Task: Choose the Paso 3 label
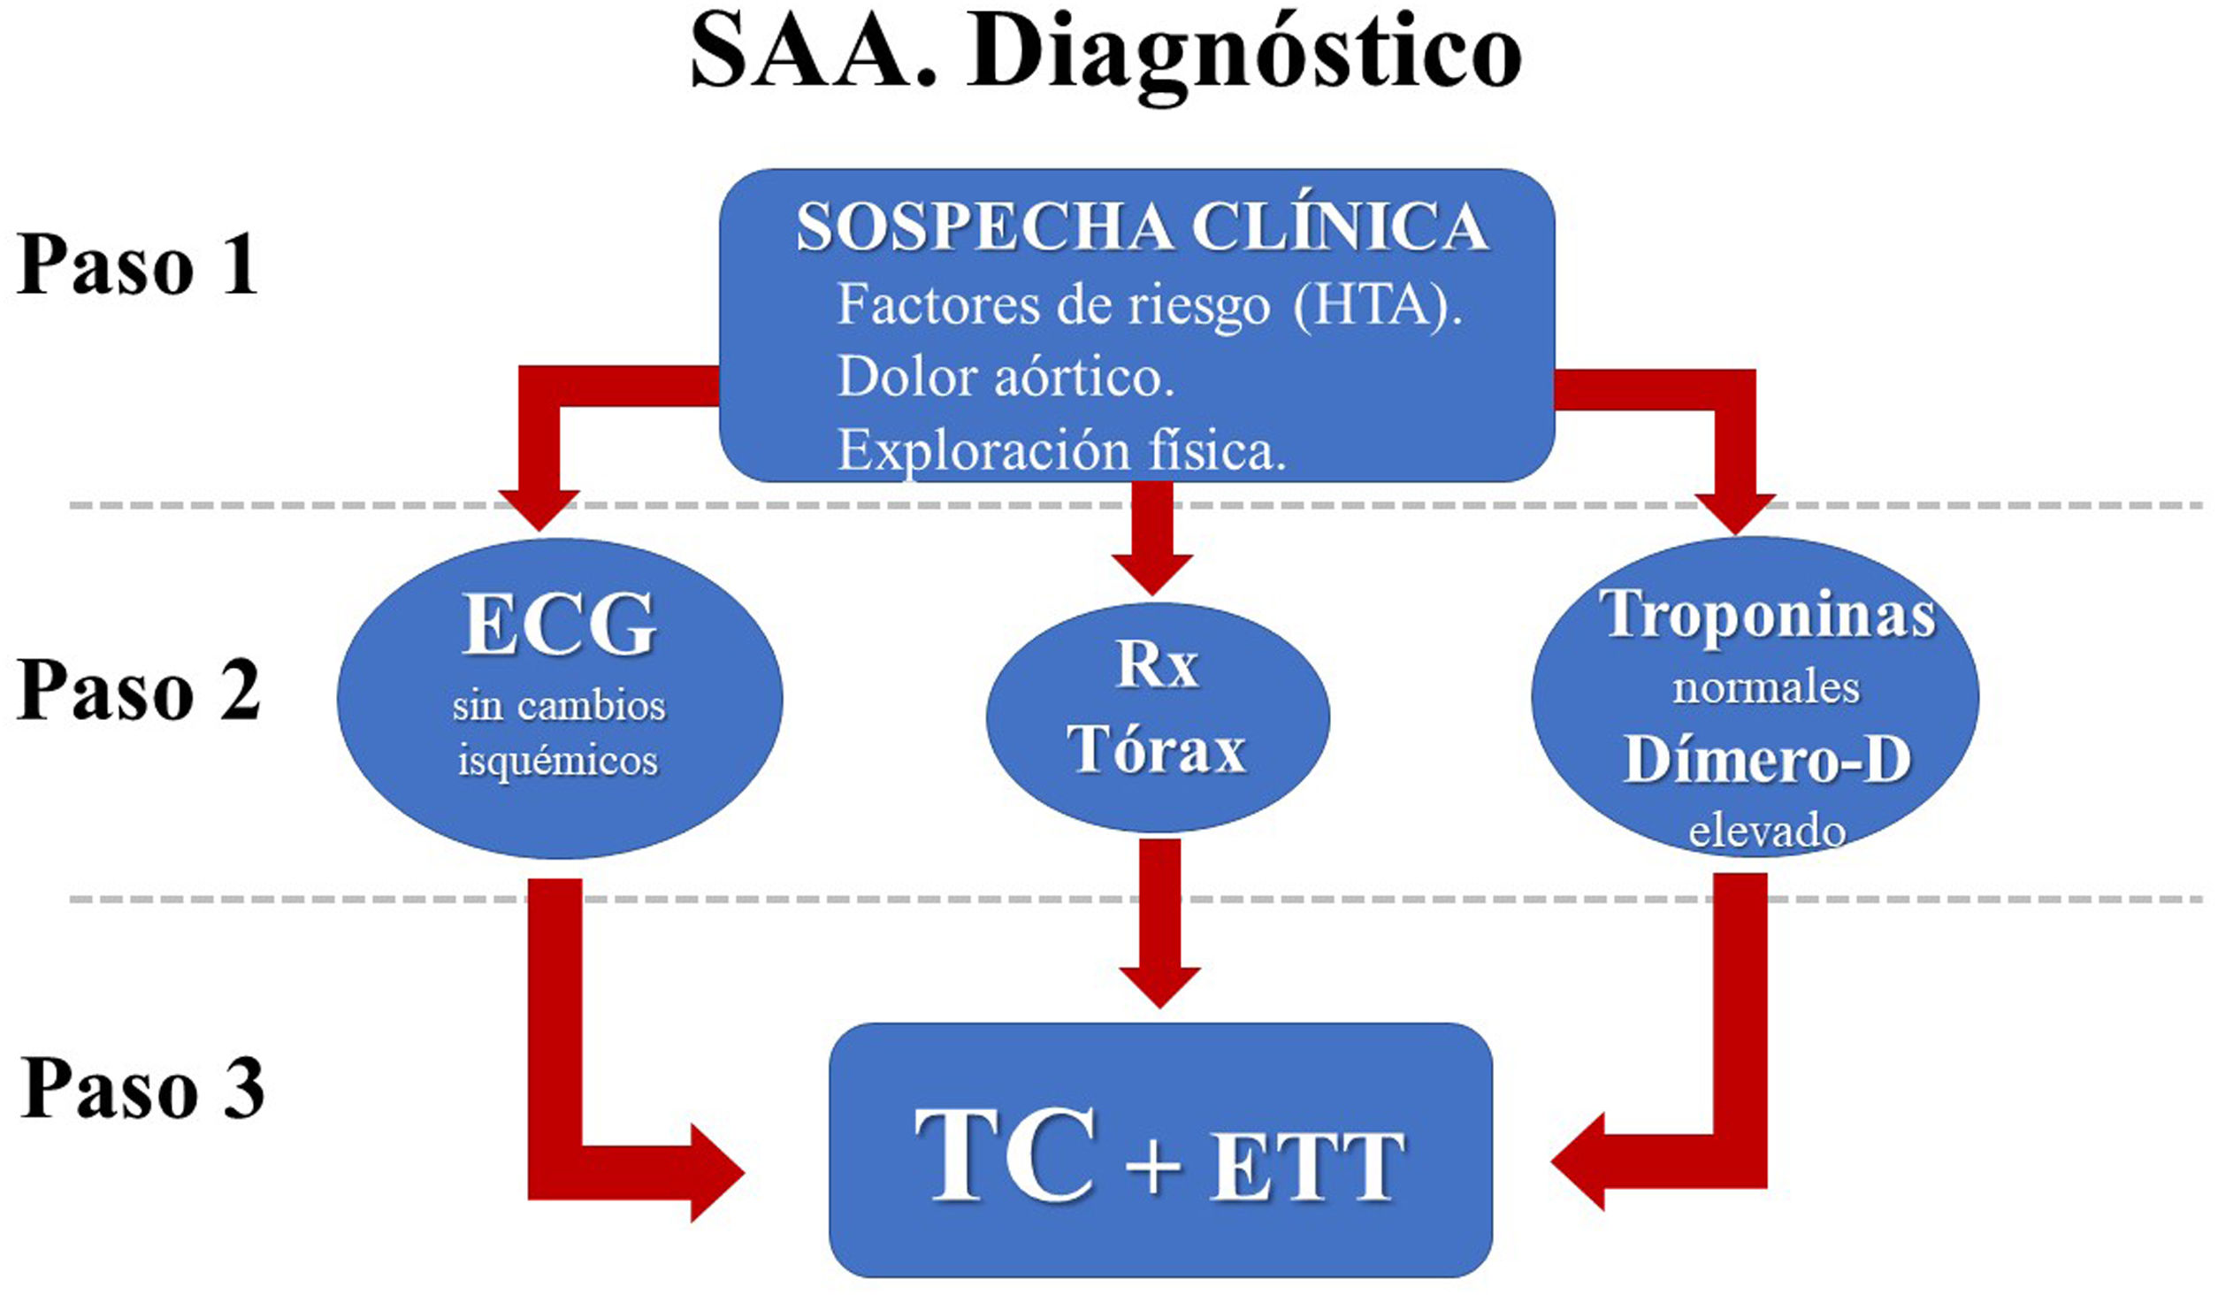coord(141,1088)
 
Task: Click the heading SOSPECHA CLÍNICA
coord(1142,227)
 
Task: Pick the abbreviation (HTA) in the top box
coord(1377,305)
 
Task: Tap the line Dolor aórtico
coord(1006,378)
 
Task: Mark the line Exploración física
coord(1061,450)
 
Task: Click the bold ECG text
coord(559,625)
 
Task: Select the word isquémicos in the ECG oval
coord(558,761)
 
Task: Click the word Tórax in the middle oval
coord(1156,749)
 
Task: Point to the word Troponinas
coord(1767,615)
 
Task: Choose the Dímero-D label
coord(1767,759)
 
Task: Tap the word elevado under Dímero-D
coord(1767,831)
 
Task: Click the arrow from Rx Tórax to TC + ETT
coord(1159,920)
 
